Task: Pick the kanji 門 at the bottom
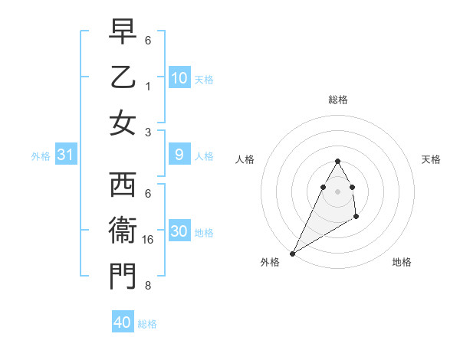123,277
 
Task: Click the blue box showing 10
179,78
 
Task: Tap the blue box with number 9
179,155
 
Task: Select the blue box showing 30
179,232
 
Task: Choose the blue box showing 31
66,155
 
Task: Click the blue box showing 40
123,322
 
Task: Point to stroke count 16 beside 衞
149,240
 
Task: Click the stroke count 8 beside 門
148,286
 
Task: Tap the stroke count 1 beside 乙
148,86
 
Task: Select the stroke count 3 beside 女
148,131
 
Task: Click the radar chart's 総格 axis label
337,100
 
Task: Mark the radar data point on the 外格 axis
292,253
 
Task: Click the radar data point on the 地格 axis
356,218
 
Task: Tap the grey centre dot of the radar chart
337,190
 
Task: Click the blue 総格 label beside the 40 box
147,324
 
